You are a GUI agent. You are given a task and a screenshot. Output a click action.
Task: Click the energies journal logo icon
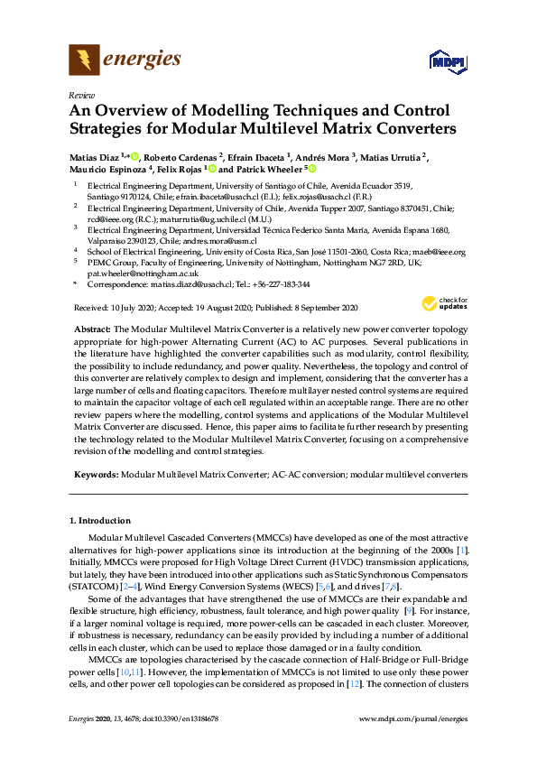click(84, 60)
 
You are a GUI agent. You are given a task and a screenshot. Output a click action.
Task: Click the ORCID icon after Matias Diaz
click(134, 157)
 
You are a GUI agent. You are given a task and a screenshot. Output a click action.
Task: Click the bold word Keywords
click(95, 473)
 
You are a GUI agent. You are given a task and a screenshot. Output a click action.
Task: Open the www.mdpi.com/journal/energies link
click(413, 744)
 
